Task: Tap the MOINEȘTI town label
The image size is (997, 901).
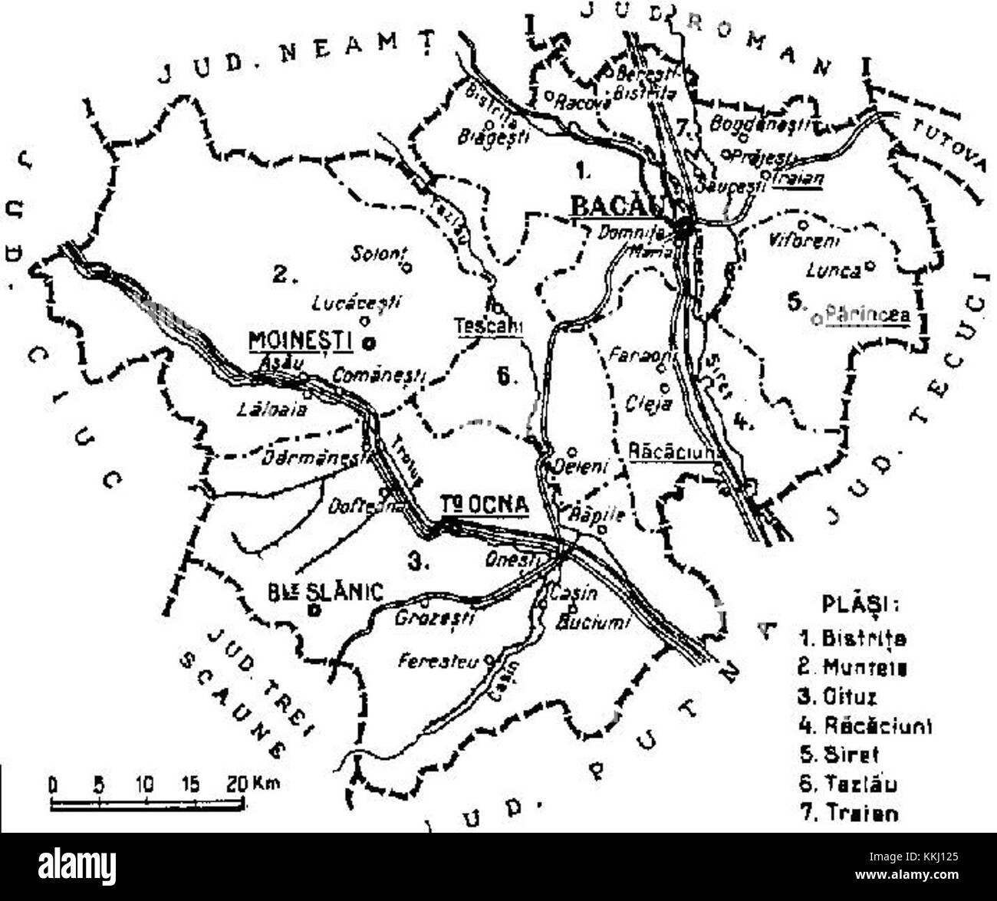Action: click(301, 340)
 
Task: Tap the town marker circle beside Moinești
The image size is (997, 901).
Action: click(368, 342)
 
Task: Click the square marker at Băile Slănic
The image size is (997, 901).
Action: click(313, 610)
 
